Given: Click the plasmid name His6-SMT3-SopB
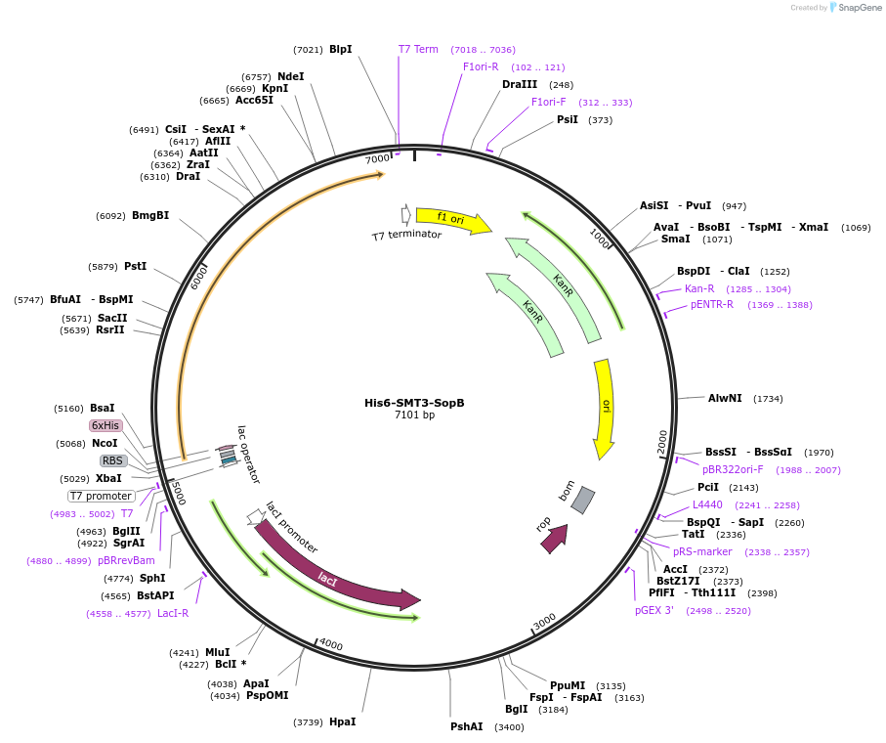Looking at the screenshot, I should [414, 403].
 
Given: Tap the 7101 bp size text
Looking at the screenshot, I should [414, 415].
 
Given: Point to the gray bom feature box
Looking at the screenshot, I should [582, 500].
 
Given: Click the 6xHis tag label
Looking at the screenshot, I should [105, 425].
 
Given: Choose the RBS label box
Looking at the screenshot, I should [113, 460].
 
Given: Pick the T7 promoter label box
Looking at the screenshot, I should [101, 496].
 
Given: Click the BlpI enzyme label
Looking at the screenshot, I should [340, 49].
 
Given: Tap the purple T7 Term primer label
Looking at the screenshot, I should [418, 49].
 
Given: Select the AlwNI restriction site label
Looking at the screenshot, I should [725, 398].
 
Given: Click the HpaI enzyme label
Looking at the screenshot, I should [342, 721].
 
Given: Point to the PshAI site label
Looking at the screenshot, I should [466, 726].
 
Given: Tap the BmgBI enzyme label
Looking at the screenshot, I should [150, 215].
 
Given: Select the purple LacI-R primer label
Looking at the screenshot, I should [173, 613].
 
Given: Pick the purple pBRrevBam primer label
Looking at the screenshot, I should [126, 560].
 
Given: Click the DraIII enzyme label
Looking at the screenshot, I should [520, 84].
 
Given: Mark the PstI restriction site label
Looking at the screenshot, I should [136, 266].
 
